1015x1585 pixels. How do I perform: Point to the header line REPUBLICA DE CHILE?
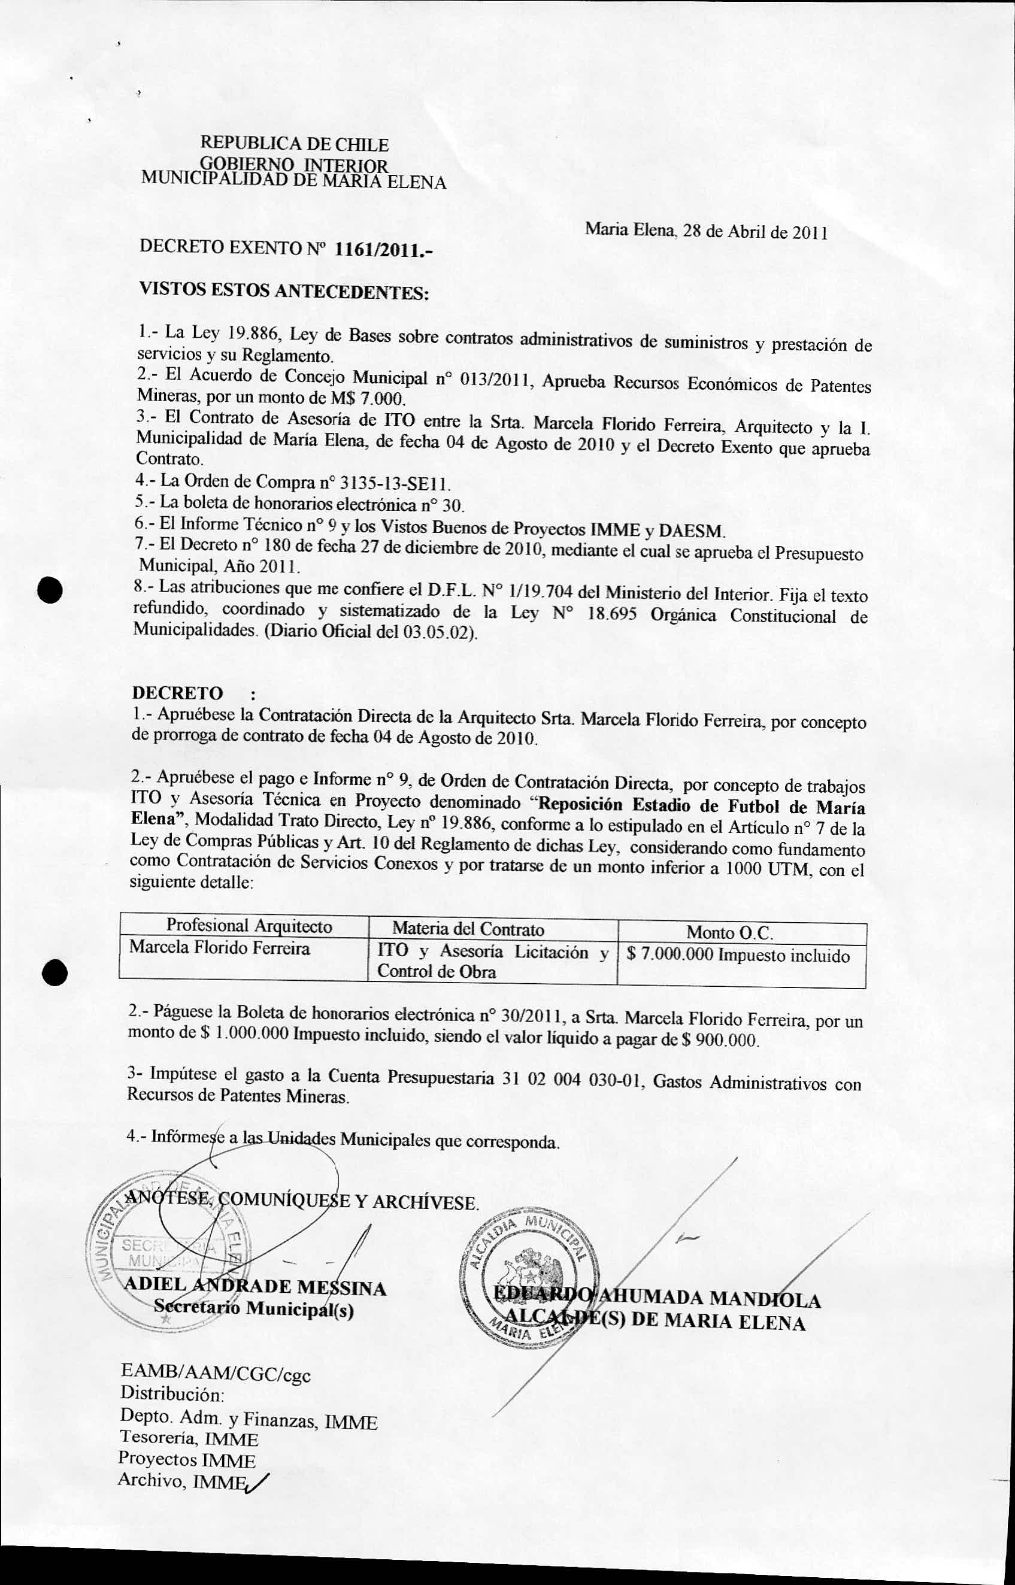click(x=294, y=144)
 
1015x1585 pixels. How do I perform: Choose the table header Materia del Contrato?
click(x=468, y=929)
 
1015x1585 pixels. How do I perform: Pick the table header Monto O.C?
click(x=729, y=932)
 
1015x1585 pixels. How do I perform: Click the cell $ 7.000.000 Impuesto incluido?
click(x=738, y=955)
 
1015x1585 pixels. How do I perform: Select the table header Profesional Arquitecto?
click(x=249, y=925)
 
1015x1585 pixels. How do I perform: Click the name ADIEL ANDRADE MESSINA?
click(x=255, y=1287)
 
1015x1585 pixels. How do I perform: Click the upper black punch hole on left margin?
click(x=50, y=588)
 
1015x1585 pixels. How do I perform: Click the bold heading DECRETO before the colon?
click(x=178, y=693)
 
